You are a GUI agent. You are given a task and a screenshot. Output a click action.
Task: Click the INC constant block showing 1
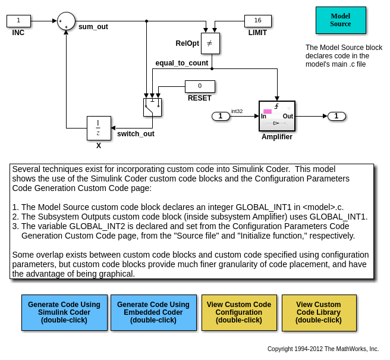(x=18, y=21)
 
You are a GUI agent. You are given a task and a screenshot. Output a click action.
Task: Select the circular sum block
(x=66, y=21)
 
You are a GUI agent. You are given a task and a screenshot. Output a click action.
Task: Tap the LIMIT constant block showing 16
(x=258, y=21)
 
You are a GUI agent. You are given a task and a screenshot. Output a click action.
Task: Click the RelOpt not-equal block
(x=210, y=43)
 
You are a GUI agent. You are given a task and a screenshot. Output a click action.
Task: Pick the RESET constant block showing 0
(x=200, y=86)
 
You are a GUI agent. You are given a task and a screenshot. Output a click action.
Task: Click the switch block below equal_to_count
(x=152, y=107)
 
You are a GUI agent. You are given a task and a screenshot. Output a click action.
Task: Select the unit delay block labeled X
(x=99, y=128)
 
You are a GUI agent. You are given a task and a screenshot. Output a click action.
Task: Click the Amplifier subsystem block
(x=277, y=116)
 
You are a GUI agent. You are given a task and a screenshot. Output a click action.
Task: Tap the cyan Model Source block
(x=341, y=20)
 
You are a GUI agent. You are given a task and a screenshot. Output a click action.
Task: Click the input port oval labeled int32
(x=221, y=116)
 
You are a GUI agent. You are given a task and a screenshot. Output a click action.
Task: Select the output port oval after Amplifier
(x=336, y=116)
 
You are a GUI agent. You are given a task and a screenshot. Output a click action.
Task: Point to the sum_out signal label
(x=93, y=27)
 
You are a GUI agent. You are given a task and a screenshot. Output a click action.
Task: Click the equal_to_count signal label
(x=182, y=63)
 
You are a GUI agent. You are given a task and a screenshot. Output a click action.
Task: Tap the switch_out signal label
(x=136, y=134)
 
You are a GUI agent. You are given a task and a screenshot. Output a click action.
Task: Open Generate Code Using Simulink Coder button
(x=64, y=313)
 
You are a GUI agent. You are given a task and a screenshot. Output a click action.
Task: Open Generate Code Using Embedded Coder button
(x=154, y=313)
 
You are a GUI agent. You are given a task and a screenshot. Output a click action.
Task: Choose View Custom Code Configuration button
(x=239, y=313)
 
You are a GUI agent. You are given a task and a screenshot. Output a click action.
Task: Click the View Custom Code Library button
(x=319, y=313)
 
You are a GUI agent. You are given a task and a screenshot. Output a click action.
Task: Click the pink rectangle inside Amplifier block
(x=268, y=111)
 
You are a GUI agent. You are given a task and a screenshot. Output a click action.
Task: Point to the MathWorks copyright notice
(x=323, y=349)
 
